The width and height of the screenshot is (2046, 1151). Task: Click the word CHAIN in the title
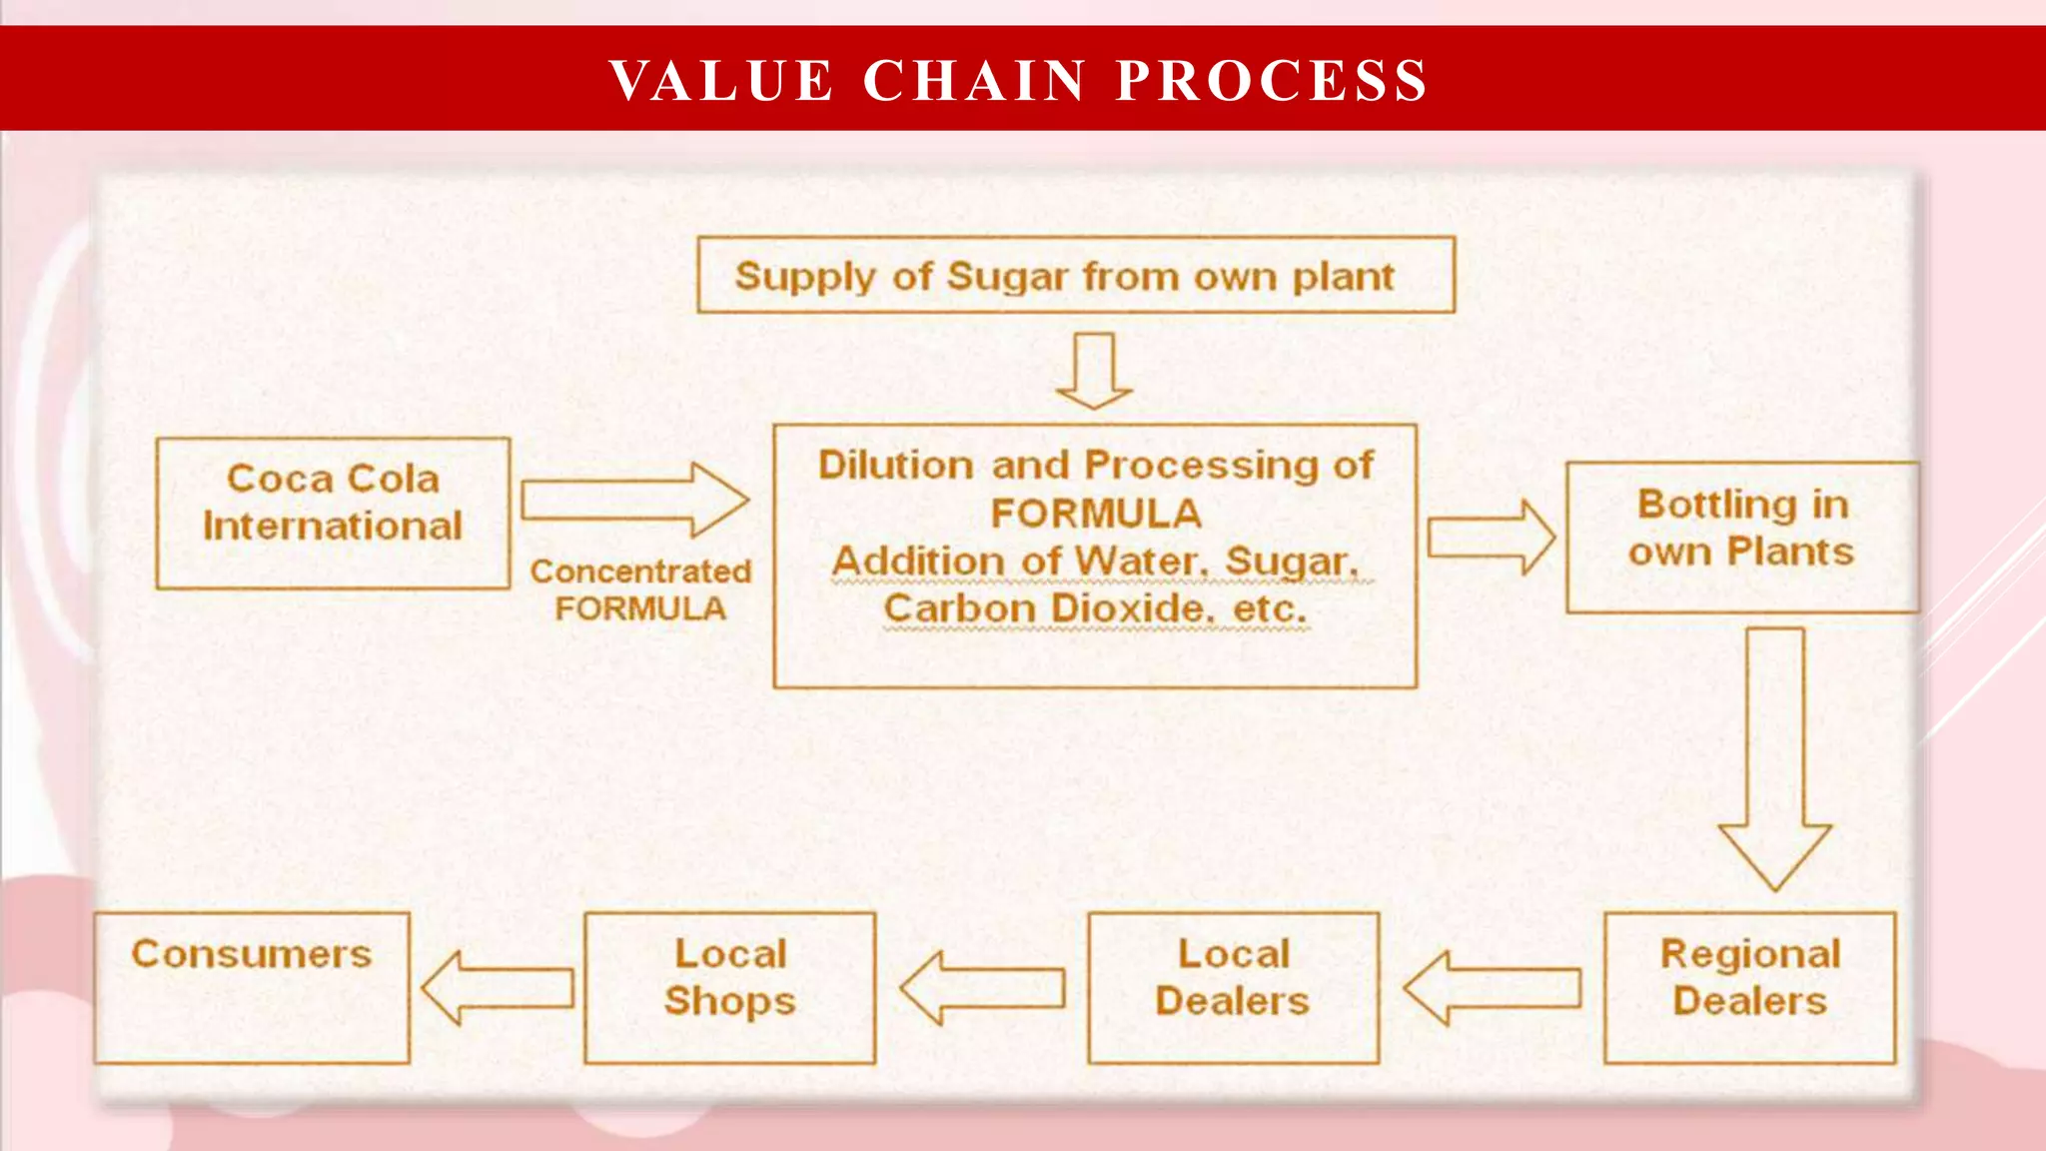coord(974,81)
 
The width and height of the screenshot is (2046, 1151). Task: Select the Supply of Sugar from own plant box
coord(1075,275)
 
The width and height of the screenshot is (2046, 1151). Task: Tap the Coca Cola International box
coord(333,513)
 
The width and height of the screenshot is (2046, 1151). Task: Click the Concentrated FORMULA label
coord(640,589)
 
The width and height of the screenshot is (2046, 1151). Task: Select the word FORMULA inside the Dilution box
coord(1096,514)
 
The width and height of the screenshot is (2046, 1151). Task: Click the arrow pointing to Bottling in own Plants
coord(1490,539)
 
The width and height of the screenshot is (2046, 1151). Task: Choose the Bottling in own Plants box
coord(1741,537)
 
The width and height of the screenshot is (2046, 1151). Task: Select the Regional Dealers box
coord(1749,987)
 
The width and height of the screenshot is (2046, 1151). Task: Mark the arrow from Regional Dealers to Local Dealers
coord(1493,988)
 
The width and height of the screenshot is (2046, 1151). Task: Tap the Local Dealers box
coord(1233,987)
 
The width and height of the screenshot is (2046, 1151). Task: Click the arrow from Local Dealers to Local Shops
coord(983,988)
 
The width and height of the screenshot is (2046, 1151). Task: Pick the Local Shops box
coord(729,987)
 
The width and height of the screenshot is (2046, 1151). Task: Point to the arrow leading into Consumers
coord(499,988)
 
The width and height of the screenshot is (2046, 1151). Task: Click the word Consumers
coord(252,954)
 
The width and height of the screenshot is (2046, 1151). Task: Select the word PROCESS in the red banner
coord(1272,81)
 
